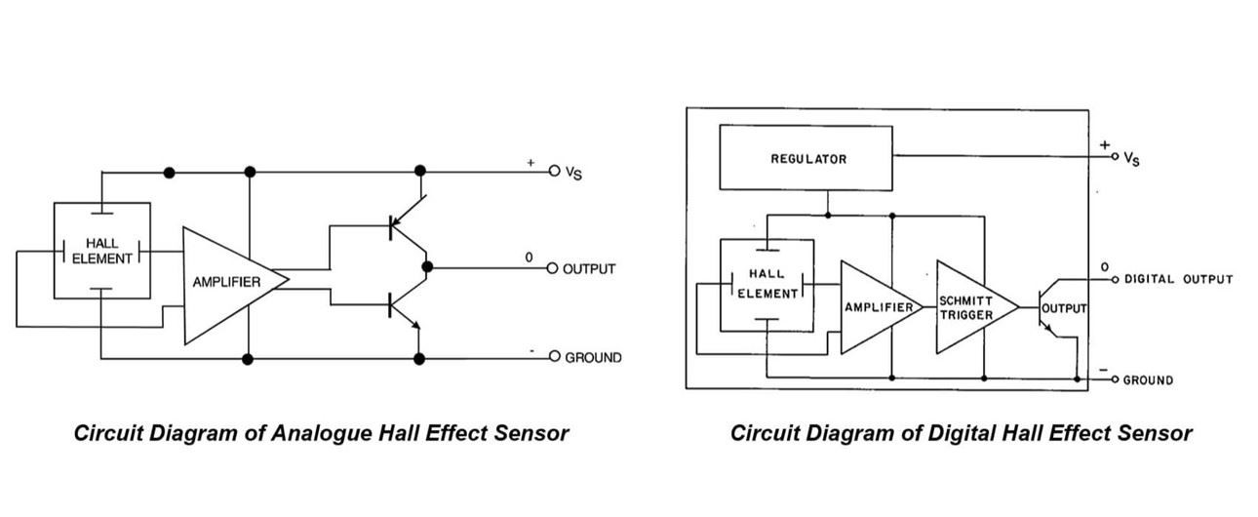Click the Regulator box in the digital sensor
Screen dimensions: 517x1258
pos(806,158)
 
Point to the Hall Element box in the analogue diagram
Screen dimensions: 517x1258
pos(101,251)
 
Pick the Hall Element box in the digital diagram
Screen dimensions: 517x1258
pos(767,283)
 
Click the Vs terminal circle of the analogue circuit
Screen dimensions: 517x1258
pos(554,171)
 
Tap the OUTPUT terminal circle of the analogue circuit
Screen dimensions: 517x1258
pos(553,268)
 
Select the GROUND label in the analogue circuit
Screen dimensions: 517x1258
pos(593,358)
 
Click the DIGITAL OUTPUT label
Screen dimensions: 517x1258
pos(1178,279)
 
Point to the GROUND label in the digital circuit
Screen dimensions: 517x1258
pos(1148,380)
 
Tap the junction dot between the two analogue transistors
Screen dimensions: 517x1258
pos(426,266)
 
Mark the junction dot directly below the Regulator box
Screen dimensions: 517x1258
pos(828,215)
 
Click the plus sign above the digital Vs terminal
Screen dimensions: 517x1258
pos(1105,145)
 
